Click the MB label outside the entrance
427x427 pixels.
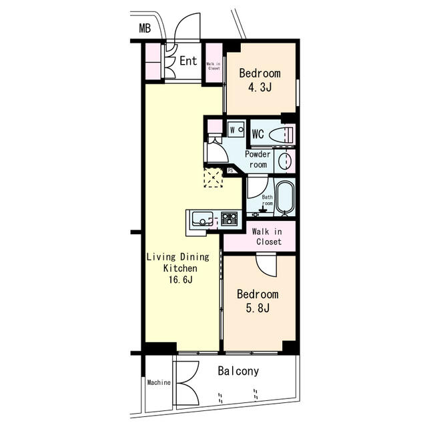[145, 28]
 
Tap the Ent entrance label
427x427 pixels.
[188, 61]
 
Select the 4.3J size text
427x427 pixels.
[260, 87]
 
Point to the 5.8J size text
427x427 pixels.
[258, 308]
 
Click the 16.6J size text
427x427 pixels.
[181, 280]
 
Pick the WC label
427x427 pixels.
[258, 134]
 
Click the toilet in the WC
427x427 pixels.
[281, 134]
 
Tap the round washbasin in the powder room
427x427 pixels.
[285, 161]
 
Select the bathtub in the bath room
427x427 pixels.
[285, 197]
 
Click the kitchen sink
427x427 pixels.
[202, 219]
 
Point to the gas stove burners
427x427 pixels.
[230, 219]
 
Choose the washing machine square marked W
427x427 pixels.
[236, 130]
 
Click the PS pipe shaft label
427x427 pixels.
[230, 171]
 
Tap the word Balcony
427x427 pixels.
[238, 371]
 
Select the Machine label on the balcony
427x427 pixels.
[159, 382]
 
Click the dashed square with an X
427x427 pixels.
[213, 178]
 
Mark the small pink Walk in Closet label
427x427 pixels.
[213, 66]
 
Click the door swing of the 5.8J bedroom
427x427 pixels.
[266, 265]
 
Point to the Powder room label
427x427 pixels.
[258, 159]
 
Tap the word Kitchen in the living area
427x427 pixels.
[180, 268]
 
